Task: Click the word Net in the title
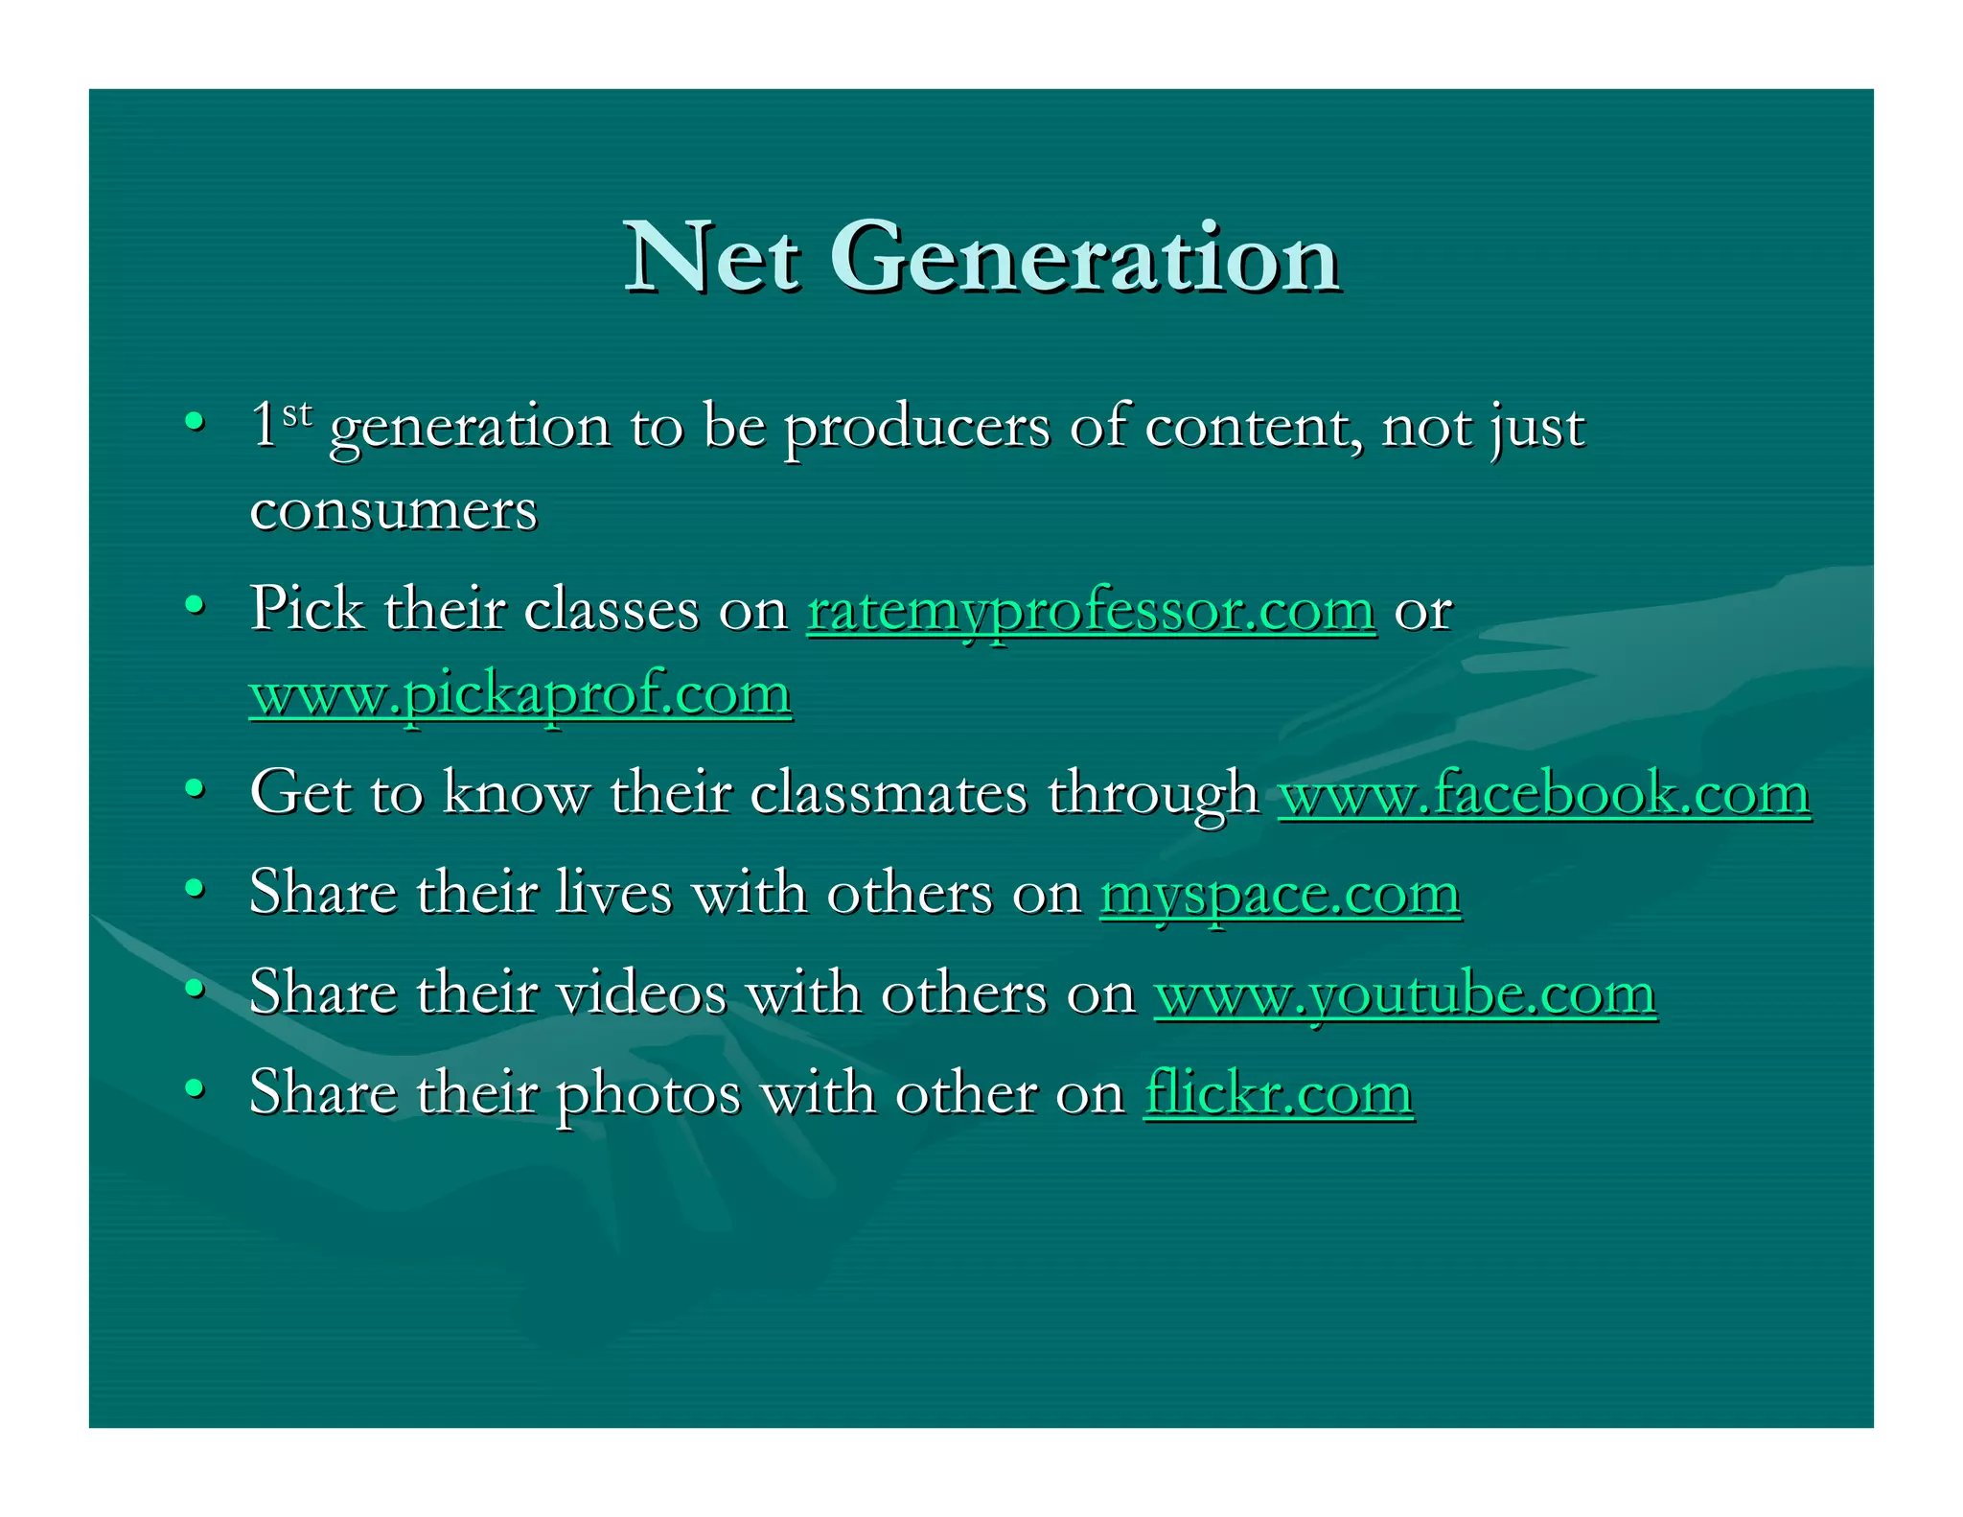[710, 257]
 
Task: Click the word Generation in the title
[1084, 257]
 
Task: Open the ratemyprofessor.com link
[1091, 610]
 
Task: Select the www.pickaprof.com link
[520, 693]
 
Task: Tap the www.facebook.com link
[1544, 794]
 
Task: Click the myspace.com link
[1280, 894]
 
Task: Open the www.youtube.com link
[1405, 993]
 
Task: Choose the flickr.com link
[1279, 1093]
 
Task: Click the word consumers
[393, 510]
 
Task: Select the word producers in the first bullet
[916, 428]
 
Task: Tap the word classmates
[888, 794]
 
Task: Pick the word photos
[649, 1094]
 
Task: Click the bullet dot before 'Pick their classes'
[195, 606]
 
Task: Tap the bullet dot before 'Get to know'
[195, 789]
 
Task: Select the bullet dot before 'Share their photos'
[195, 1089]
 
